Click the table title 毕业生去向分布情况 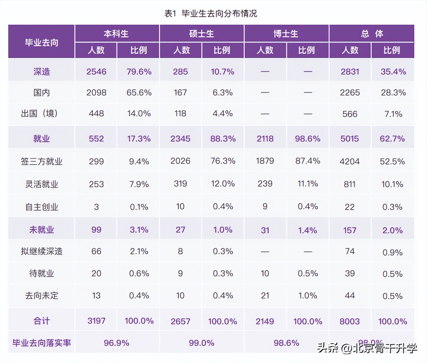[x=211, y=14]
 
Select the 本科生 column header [x=116, y=34]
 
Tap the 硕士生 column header [x=201, y=34]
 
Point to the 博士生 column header [x=286, y=34]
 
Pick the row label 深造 [x=41, y=72]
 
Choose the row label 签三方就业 [x=41, y=162]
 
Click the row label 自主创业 [x=41, y=207]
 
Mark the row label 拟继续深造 [x=41, y=251]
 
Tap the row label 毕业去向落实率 [x=41, y=343]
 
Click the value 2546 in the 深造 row [x=96, y=72]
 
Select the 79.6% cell [x=139, y=72]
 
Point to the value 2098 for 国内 [x=96, y=93]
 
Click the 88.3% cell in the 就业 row [x=223, y=139]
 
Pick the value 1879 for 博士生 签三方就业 [x=265, y=161]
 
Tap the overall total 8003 [x=350, y=322]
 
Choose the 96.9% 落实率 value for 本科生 [x=117, y=343]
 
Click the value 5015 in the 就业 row [x=350, y=139]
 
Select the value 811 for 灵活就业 [x=350, y=184]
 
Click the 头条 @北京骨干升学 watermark [x=367, y=348]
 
